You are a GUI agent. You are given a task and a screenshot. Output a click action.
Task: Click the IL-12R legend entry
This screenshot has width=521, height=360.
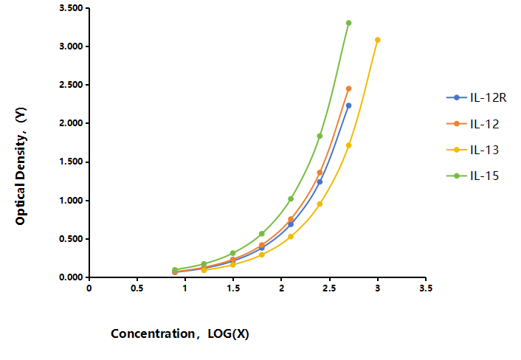[476, 97]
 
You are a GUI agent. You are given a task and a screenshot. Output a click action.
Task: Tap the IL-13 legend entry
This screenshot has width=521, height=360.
[472, 150]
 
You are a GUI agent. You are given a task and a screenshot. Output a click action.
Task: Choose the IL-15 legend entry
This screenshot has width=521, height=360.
[472, 176]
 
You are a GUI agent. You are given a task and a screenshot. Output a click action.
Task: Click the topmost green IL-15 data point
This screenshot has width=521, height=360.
[348, 23]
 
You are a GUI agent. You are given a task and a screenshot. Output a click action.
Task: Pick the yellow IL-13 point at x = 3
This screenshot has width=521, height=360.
[377, 40]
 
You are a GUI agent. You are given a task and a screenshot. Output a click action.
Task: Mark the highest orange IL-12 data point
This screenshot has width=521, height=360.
[348, 89]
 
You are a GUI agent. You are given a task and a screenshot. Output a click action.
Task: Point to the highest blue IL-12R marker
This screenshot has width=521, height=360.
[348, 105]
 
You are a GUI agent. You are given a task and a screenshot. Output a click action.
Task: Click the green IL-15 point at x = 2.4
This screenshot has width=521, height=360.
[320, 136]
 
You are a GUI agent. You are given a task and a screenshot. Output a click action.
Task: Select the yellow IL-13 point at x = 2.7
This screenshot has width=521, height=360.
[348, 145]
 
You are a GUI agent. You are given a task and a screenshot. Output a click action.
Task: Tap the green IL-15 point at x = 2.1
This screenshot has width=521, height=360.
[291, 199]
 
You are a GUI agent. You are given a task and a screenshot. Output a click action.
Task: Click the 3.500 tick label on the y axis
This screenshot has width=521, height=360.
[71, 8]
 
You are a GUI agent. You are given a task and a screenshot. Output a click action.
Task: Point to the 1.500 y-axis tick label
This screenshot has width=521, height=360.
[71, 162]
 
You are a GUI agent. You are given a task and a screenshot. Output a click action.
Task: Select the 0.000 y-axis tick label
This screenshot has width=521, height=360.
[71, 277]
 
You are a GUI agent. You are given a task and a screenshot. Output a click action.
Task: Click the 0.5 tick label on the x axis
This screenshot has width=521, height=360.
[137, 288]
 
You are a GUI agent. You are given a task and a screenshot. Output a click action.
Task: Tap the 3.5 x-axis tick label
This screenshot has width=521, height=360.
[426, 288]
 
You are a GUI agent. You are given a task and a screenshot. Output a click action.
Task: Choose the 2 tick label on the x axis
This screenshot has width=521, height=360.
[281, 288]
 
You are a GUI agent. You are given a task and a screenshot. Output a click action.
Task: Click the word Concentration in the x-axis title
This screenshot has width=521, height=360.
[153, 333]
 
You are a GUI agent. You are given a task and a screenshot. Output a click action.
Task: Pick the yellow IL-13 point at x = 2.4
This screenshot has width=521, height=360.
[320, 204]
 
